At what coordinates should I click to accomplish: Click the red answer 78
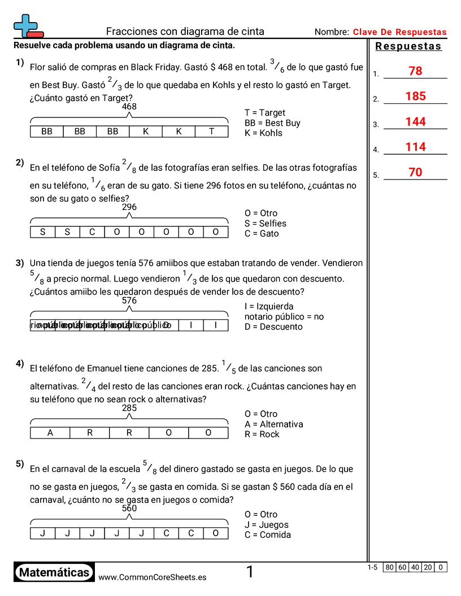[x=415, y=71]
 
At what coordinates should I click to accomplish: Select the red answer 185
[x=415, y=97]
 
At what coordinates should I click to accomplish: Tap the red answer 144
[x=415, y=122]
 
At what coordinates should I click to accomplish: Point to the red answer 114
[x=415, y=147]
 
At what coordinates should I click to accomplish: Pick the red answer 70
[x=415, y=173]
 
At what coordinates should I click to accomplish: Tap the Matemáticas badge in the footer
[x=54, y=572]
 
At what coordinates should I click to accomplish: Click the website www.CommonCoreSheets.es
[x=152, y=577]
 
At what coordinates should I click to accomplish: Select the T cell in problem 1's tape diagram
[x=211, y=132]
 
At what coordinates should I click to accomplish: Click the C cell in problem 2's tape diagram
[x=92, y=232]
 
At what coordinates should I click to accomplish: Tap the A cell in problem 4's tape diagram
[x=50, y=433]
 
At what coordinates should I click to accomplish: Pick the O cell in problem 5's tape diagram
[x=215, y=533]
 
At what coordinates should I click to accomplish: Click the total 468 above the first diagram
[x=129, y=106]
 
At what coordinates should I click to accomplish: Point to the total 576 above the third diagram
[x=129, y=301]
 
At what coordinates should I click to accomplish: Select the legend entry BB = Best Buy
[x=272, y=123]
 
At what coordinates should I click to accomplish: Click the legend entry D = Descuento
[x=273, y=327]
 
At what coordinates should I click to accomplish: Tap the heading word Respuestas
[x=408, y=46]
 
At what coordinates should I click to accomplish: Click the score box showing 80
[x=389, y=567]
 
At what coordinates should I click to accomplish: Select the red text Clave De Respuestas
[x=399, y=32]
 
